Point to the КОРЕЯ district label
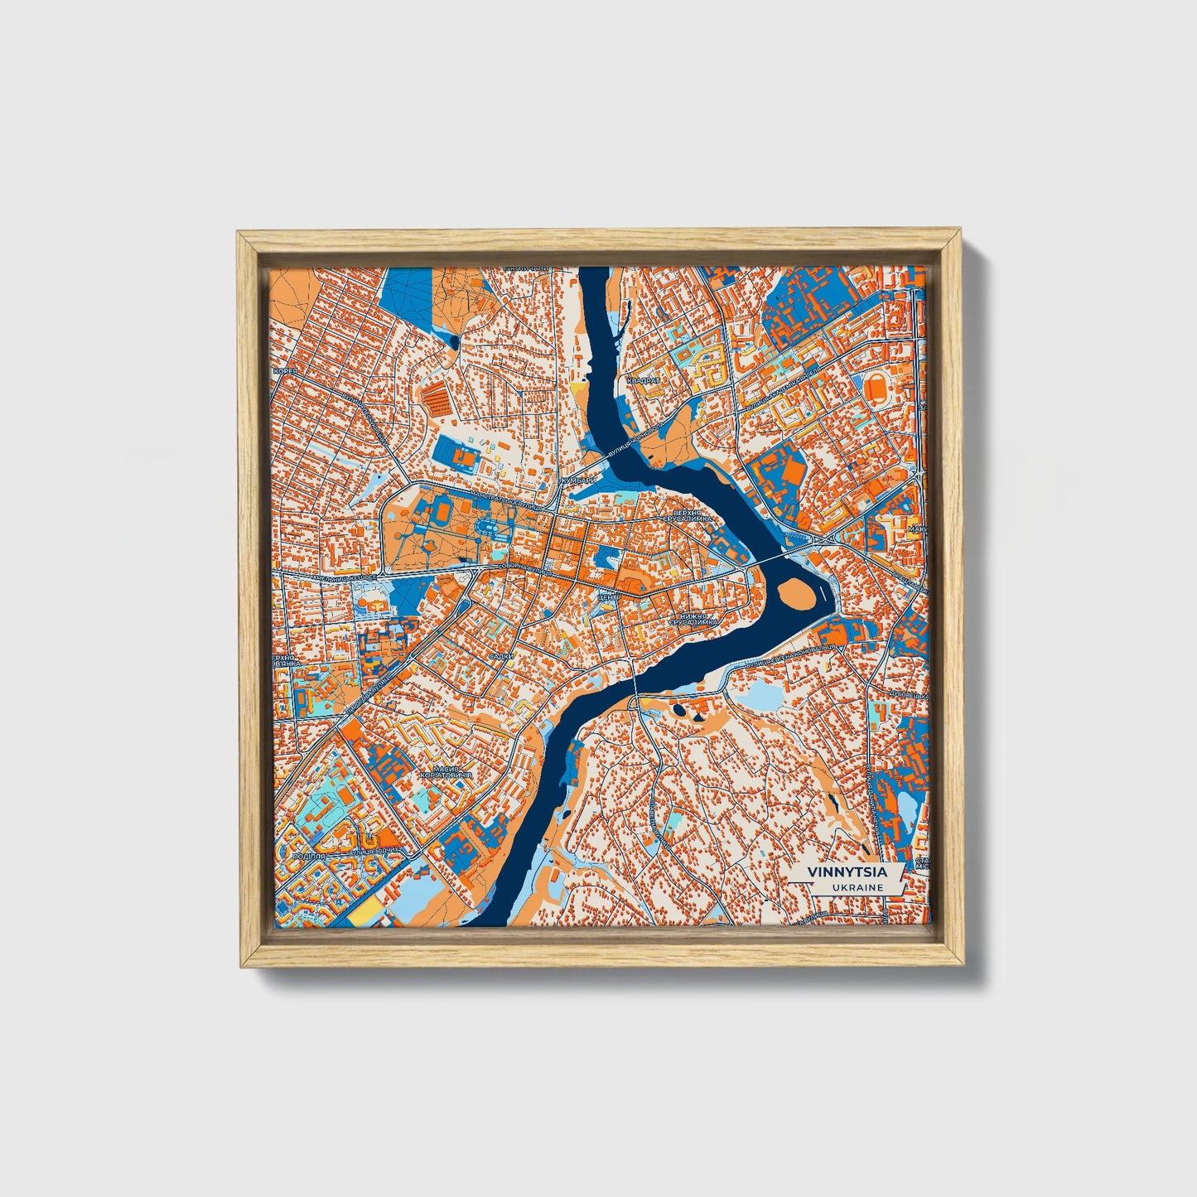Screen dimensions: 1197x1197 point(286,372)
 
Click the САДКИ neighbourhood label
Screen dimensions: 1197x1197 point(501,655)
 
